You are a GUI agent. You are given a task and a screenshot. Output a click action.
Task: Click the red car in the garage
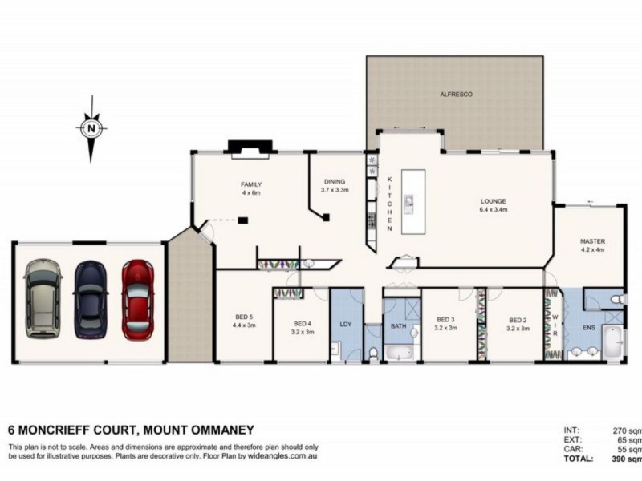point(137,300)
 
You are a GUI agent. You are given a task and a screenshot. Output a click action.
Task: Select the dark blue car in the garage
point(91,300)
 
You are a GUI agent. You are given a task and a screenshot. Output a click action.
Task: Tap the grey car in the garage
point(43,300)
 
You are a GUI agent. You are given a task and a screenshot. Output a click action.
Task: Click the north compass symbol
point(92,127)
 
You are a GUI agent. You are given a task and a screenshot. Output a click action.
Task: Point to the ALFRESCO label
point(456,95)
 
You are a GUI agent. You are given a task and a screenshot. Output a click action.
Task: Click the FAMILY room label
point(252,184)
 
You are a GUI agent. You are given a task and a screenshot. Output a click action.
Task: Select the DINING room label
point(335,182)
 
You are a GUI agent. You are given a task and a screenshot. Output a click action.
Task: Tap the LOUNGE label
point(493,201)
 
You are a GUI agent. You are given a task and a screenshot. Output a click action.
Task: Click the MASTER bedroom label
point(592,240)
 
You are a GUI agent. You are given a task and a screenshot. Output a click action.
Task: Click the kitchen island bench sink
point(407,204)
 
